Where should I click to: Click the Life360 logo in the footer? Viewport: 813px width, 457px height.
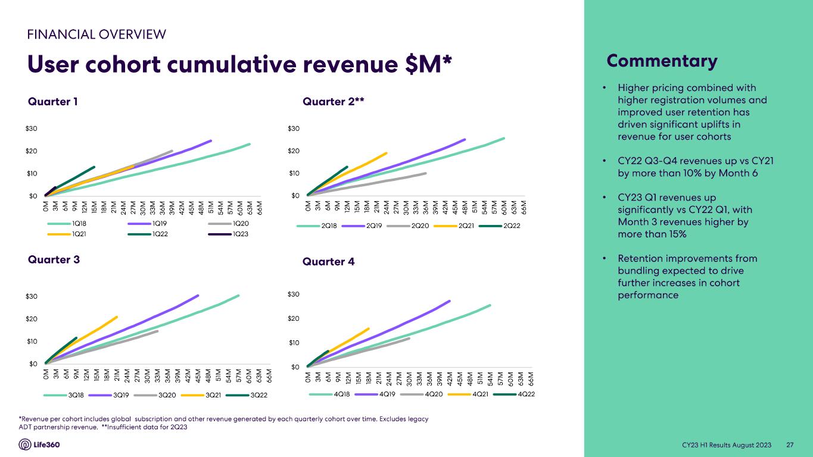coord(39,445)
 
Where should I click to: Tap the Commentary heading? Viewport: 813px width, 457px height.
coord(662,61)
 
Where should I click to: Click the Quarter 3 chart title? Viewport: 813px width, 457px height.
coord(54,259)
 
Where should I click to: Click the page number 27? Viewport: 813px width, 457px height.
coord(790,445)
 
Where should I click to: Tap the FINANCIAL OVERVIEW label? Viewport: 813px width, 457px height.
coord(96,35)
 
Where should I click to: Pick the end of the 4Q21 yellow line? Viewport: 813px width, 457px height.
coord(369,328)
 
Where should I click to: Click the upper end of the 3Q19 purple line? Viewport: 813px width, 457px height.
coord(198,295)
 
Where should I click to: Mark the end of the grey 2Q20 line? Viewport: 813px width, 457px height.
coord(425,173)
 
